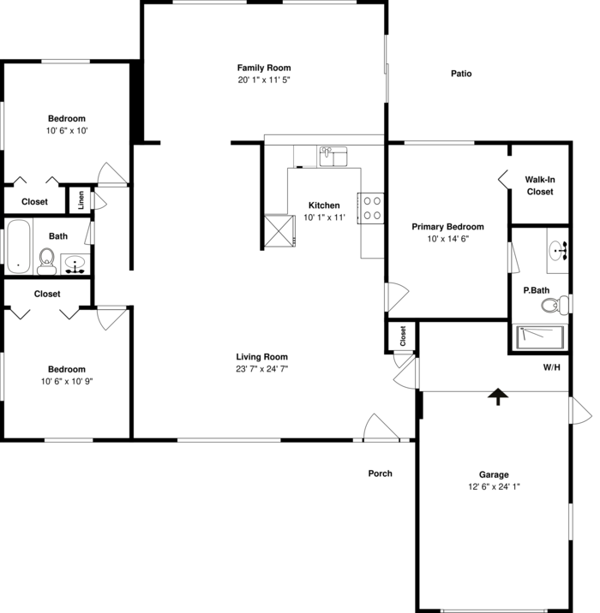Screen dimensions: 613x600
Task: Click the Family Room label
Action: pos(264,68)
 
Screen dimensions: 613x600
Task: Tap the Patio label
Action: pos(461,74)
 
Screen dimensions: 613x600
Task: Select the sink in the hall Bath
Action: pos(75,264)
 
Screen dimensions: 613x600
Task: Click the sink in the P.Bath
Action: pos(558,251)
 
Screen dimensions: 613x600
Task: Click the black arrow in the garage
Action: pos(495,396)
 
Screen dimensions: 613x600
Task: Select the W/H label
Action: pos(551,369)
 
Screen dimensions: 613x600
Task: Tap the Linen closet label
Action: pos(81,200)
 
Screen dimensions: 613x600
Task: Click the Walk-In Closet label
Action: pos(539,186)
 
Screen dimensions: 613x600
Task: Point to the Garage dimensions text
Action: pos(494,486)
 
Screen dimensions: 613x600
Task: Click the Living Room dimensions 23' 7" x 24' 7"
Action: pos(262,369)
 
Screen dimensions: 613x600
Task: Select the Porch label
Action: pos(380,473)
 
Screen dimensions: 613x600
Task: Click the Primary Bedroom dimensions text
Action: pos(447,239)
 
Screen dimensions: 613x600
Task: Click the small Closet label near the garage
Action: pos(402,336)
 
